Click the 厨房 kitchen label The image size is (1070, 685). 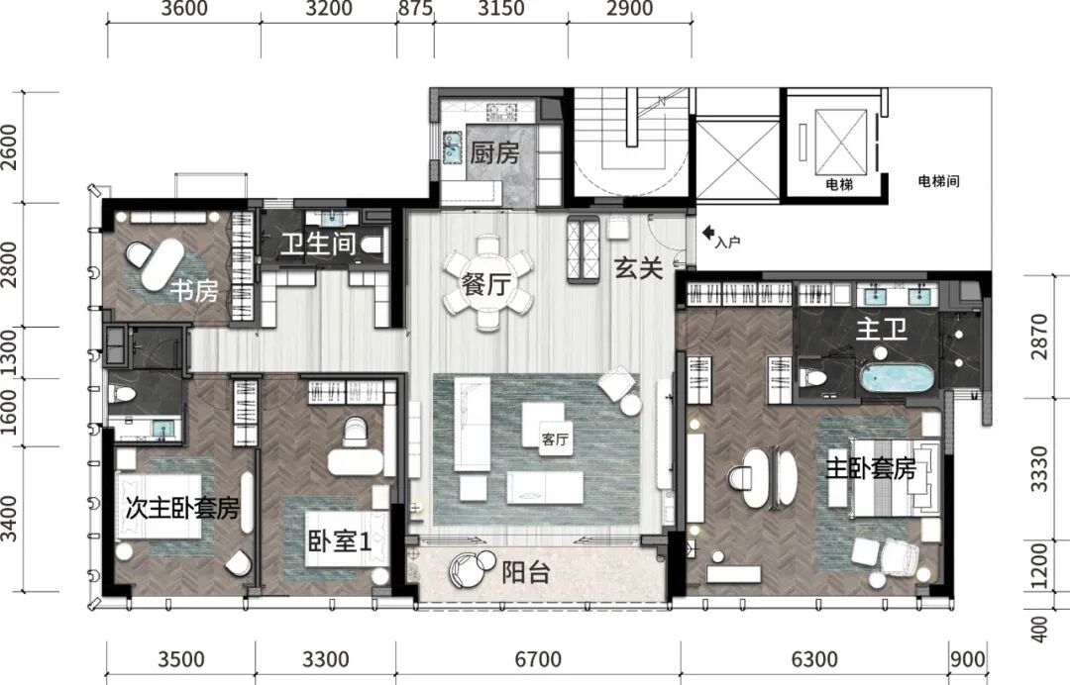pyautogui.click(x=494, y=152)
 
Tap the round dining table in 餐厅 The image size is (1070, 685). pyautogui.click(x=487, y=282)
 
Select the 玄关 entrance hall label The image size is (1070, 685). pyautogui.click(x=639, y=268)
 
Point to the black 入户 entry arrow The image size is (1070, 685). pyautogui.click(x=708, y=233)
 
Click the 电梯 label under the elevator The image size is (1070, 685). pyautogui.click(x=839, y=184)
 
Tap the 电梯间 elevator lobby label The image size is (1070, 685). pyautogui.click(x=938, y=180)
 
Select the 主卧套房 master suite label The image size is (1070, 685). pyautogui.click(x=871, y=469)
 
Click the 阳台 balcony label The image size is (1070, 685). pyautogui.click(x=525, y=572)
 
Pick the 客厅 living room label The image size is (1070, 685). pyautogui.click(x=555, y=440)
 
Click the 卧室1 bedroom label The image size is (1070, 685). pyautogui.click(x=339, y=541)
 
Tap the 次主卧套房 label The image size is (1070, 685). pyautogui.click(x=182, y=508)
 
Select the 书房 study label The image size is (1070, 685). pyautogui.click(x=194, y=291)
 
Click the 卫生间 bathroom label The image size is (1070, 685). pyautogui.click(x=318, y=244)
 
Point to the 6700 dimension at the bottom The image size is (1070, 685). pyautogui.click(x=538, y=659)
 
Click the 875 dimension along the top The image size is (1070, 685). pyautogui.click(x=415, y=9)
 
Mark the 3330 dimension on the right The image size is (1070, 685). pyautogui.click(x=1038, y=468)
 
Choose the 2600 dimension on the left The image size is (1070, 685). pyautogui.click(x=9, y=147)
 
